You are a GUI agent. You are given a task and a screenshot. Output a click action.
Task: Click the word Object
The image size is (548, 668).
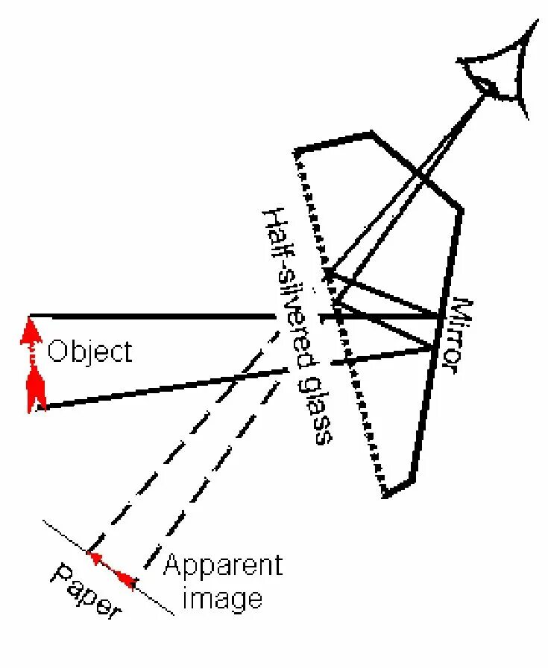[x=89, y=351]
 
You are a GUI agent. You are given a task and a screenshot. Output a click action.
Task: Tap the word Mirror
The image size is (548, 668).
[x=459, y=335]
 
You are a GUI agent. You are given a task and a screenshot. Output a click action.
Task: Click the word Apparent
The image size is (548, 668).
[x=223, y=566]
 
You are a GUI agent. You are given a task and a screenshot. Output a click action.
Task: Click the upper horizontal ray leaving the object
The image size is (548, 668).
[x=149, y=316]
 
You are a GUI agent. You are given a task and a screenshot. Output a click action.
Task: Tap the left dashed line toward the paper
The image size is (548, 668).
[x=179, y=439]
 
